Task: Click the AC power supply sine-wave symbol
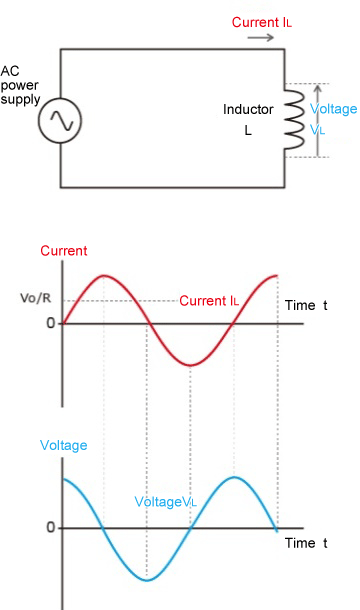click(60, 122)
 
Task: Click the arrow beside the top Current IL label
click(260, 37)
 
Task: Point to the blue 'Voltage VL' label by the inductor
click(332, 118)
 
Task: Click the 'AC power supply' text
click(20, 85)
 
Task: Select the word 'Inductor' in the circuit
click(247, 109)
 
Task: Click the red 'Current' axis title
click(64, 251)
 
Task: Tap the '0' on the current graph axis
click(49, 324)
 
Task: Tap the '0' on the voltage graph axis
click(49, 528)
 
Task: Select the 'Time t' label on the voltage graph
click(306, 543)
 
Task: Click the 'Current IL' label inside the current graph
click(209, 300)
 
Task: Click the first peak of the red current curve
click(105, 273)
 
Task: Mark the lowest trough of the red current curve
click(190, 365)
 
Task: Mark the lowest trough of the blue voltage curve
click(147, 580)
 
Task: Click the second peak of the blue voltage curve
click(233, 477)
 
